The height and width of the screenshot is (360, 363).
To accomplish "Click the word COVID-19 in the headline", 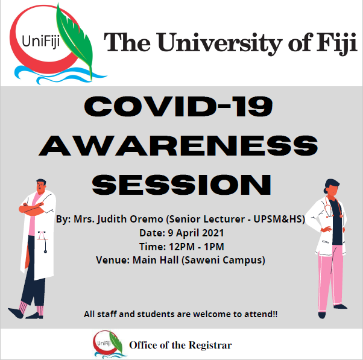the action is [178, 107].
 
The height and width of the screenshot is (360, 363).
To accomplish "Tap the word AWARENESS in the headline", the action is [178, 146].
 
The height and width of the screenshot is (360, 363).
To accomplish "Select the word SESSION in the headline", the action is [181, 185].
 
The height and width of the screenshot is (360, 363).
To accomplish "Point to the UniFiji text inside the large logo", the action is [41, 42].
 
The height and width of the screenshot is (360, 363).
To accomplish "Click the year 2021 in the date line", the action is [213, 233].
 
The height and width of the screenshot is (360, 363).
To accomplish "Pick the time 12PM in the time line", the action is [181, 247].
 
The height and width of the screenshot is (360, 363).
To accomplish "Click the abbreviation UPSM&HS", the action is [279, 219].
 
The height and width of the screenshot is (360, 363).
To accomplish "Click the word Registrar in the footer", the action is [210, 345].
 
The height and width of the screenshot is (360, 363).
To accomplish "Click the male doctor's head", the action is [41, 186].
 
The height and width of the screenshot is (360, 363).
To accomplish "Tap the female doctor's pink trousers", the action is [330, 277].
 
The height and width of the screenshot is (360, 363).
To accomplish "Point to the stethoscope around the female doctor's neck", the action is [333, 207].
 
